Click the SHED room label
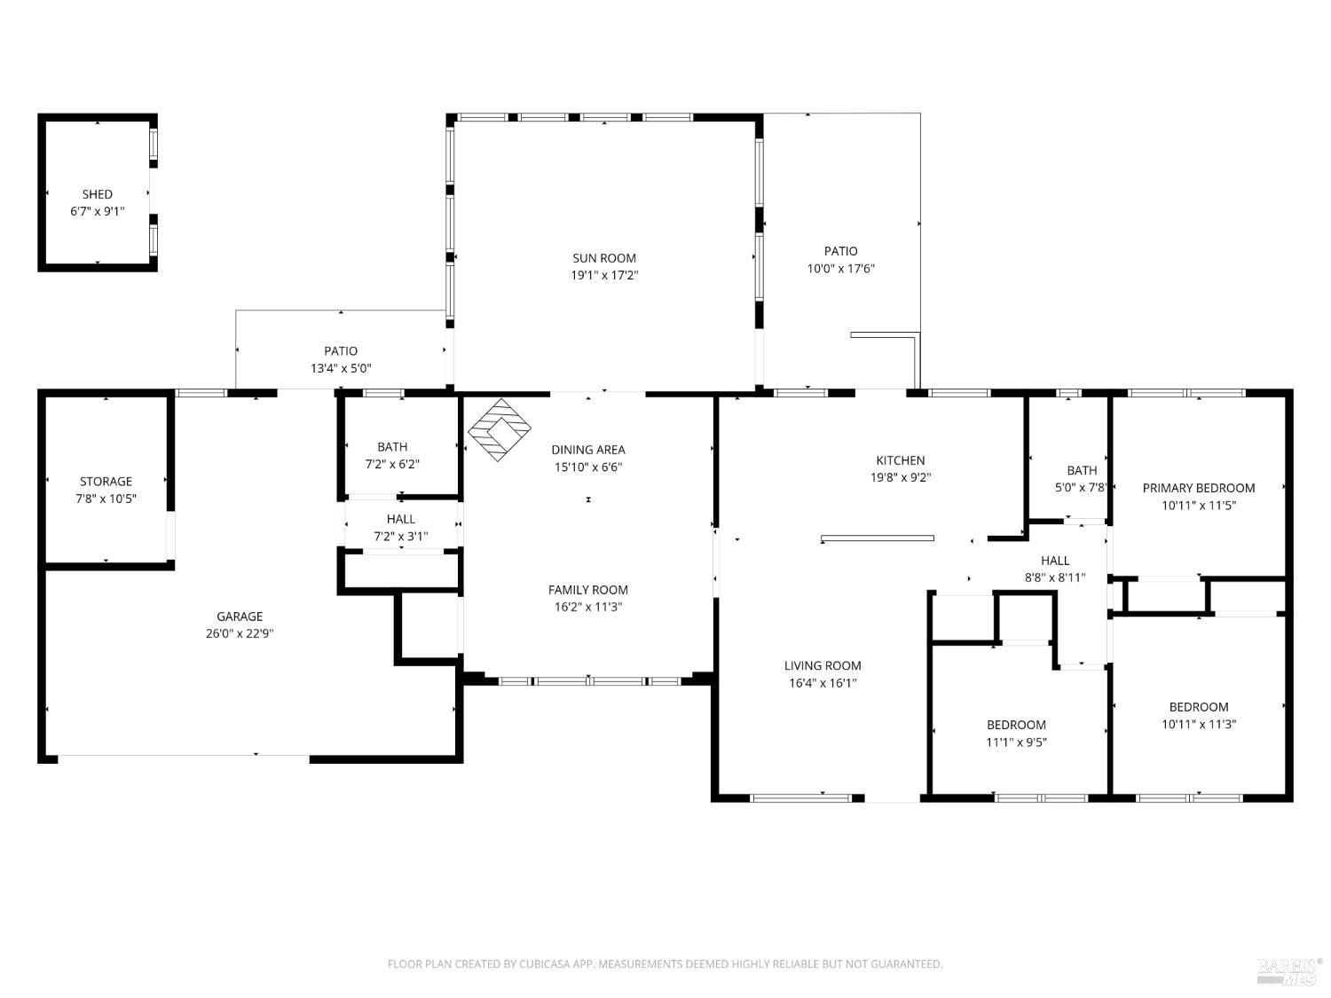point(97,194)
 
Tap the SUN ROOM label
point(604,258)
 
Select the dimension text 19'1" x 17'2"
point(604,276)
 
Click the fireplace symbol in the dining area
point(499,429)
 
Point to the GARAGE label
point(240,617)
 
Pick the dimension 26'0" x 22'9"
point(240,633)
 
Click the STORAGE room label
point(106,482)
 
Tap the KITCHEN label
point(900,460)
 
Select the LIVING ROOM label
point(823,666)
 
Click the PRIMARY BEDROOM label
point(1198,489)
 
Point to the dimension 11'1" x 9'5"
point(1016,743)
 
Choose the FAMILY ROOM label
point(587,590)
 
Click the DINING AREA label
point(587,451)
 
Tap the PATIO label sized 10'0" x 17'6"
point(840,251)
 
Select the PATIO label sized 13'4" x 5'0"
point(340,351)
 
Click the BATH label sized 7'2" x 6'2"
point(391,447)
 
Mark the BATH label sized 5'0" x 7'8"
point(1082,471)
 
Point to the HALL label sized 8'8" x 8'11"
point(1054,562)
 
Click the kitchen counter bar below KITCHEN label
point(878,538)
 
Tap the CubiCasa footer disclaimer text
point(665,964)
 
